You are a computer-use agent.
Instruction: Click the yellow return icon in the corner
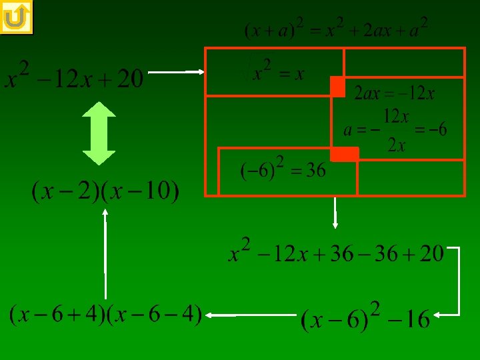[17, 17]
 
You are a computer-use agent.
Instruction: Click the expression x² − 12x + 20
[74, 79]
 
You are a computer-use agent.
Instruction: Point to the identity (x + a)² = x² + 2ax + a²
[336, 29]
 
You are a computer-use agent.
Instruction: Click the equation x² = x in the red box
[278, 71]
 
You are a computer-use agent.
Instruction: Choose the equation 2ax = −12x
[394, 93]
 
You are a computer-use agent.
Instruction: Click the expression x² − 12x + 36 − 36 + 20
[336, 253]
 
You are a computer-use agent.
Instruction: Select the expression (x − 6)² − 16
[365, 319]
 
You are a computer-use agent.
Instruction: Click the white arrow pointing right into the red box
[175, 71]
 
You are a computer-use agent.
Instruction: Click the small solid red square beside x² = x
[337, 87]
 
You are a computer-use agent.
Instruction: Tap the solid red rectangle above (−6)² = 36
[344, 154]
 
